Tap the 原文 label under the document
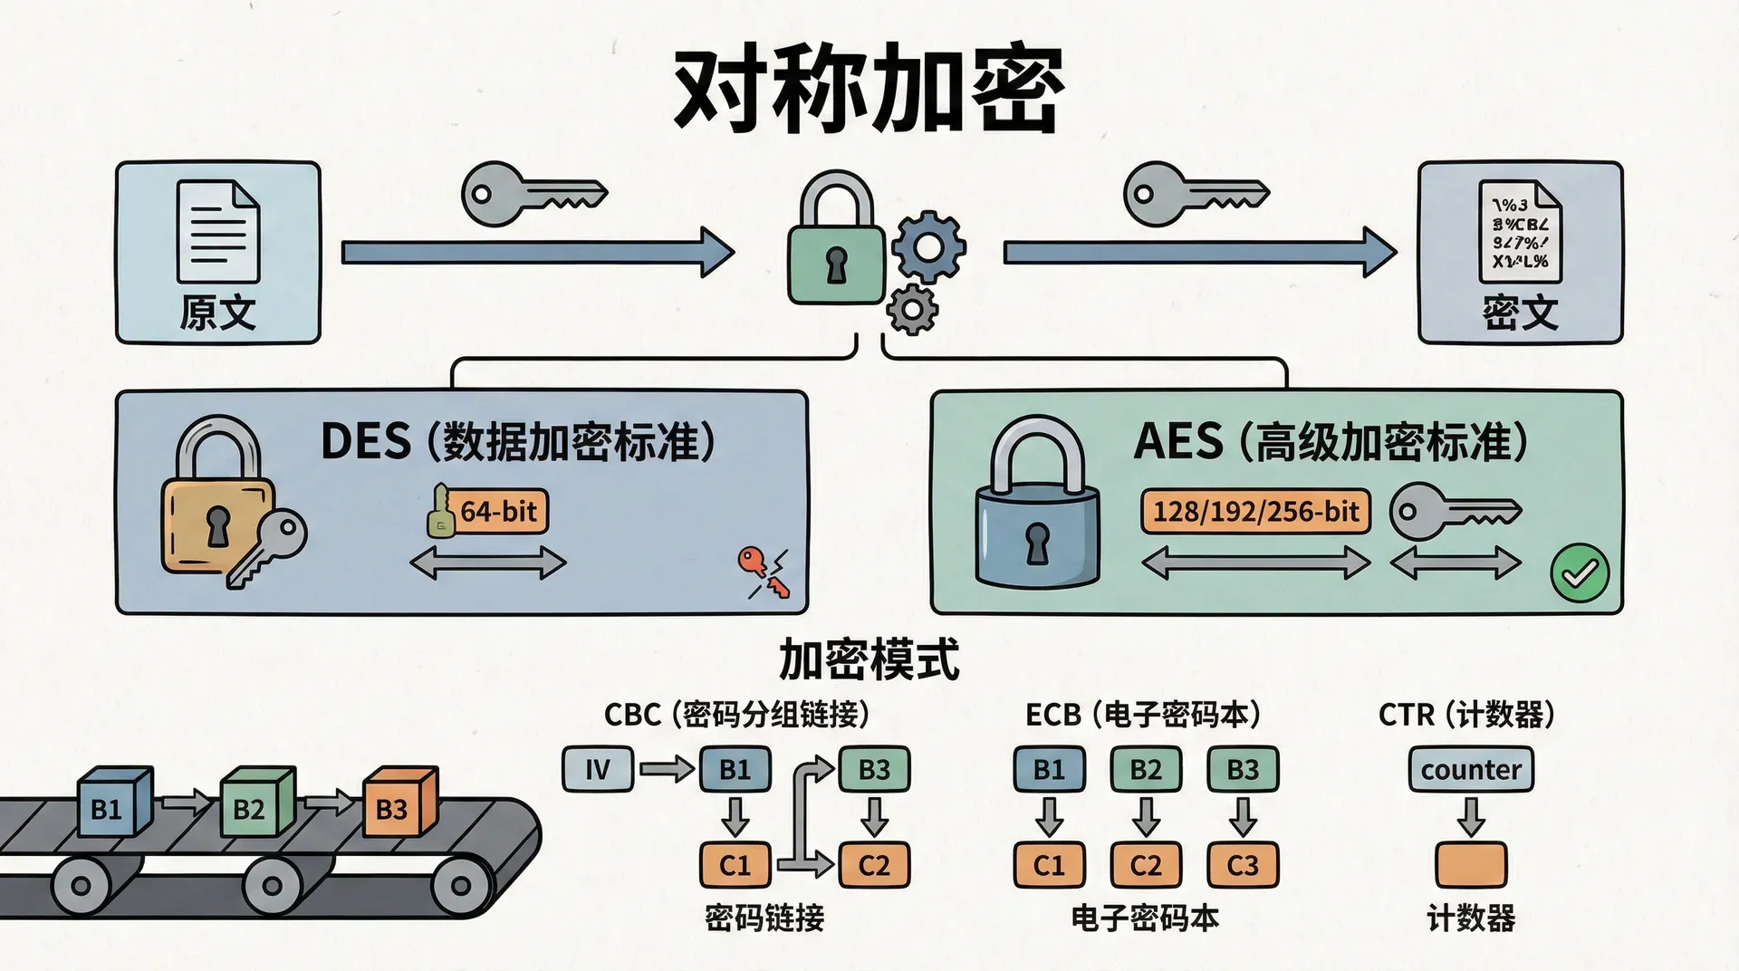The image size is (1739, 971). (x=217, y=312)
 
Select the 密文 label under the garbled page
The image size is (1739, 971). (x=1520, y=312)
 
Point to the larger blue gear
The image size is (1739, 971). (x=928, y=246)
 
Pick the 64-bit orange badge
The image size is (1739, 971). (x=498, y=512)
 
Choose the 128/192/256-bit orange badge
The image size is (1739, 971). (x=1255, y=512)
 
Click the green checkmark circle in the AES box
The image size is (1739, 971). (x=1580, y=572)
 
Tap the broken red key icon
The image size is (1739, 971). (x=764, y=572)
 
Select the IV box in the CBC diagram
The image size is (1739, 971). (x=597, y=770)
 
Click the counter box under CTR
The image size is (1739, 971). (x=1471, y=770)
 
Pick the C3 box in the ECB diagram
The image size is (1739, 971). (x=1242, y=865)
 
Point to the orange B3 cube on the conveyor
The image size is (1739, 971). (x=397, y=803)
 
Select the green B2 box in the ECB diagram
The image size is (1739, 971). (x=1146, y=770)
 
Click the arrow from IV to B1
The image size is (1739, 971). (x=666, y=770)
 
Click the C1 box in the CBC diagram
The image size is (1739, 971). (x=735, y=865)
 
